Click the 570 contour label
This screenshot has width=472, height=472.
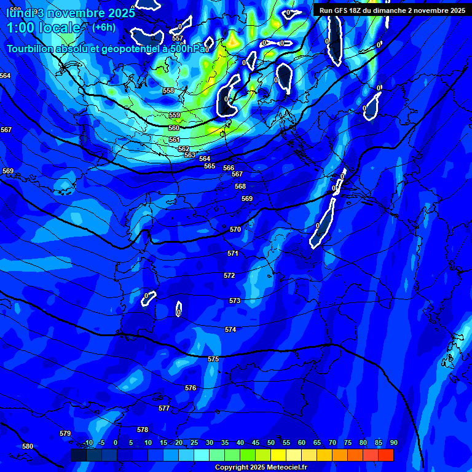pyautogui.click(x=235, y=229)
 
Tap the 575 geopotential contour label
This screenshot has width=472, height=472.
pyautogui.click(x=213, y=359)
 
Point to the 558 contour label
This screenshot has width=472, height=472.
pyautogui.click(x=168, y=90)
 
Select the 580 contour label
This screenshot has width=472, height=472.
pyautogui.click(x=28, y=446)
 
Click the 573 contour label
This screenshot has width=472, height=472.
pyautogui.click(x=235, y=301)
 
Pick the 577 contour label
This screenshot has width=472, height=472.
pyautogui.click(x=164, y=408)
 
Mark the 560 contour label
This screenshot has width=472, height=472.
pyautogui.click(x=174, y=128)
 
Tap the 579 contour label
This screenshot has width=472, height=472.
pyautogui.click(x=65, y=433)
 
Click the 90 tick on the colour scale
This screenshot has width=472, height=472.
pyautogui.click(x=393, y=443)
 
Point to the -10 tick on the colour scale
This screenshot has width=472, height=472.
pyautogui.click(x=88, y=443)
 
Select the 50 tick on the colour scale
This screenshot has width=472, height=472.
pyautogui.click(x=271, y=443)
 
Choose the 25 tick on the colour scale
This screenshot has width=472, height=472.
pyautogui.click(x=194, y=443)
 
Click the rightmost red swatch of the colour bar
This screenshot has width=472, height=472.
pyautogui.click(x=385, y=455)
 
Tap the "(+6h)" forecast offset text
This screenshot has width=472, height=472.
pyautogui.click(x=104, y=27)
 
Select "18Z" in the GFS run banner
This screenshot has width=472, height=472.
pyautogui.click(x=355, y=10)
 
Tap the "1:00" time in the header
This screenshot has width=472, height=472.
pyautogui.click(x=20, y=28)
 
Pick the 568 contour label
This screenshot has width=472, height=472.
pyautogui.click(x=240, y=186)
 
